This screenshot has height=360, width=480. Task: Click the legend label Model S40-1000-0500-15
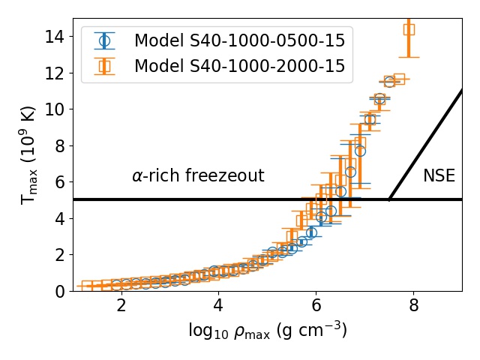(x=240, y=40)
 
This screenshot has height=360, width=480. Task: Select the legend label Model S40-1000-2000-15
(x=240, y=66)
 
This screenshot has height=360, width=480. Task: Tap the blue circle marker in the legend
(x=104, y=40)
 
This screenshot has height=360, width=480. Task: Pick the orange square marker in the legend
(x=104, y=66)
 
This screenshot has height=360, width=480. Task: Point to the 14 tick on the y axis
(x=55, y=37)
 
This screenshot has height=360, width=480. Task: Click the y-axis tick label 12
(x=55, y=73)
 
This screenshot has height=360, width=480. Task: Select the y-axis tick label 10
(x=55, y=109)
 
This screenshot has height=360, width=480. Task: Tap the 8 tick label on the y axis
(x=60, y=146)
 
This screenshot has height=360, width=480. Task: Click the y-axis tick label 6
(x=60, y=182)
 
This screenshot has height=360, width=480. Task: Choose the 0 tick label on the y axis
(x=60, y=291)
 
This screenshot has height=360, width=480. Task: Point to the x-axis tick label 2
(x=121, y=305)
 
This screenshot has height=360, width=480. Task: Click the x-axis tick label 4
(x=218, y=305)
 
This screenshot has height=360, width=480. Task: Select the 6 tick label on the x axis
(x=316, y=305)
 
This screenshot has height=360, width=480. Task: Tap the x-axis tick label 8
(x=413, y=305)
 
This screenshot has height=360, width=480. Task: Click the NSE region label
(x=439, y=175)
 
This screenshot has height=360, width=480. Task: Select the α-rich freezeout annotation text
(x=198, y=175)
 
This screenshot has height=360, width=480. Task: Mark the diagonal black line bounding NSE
(x=425, y=145)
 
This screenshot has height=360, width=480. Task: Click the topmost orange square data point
(x=409, y=30)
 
